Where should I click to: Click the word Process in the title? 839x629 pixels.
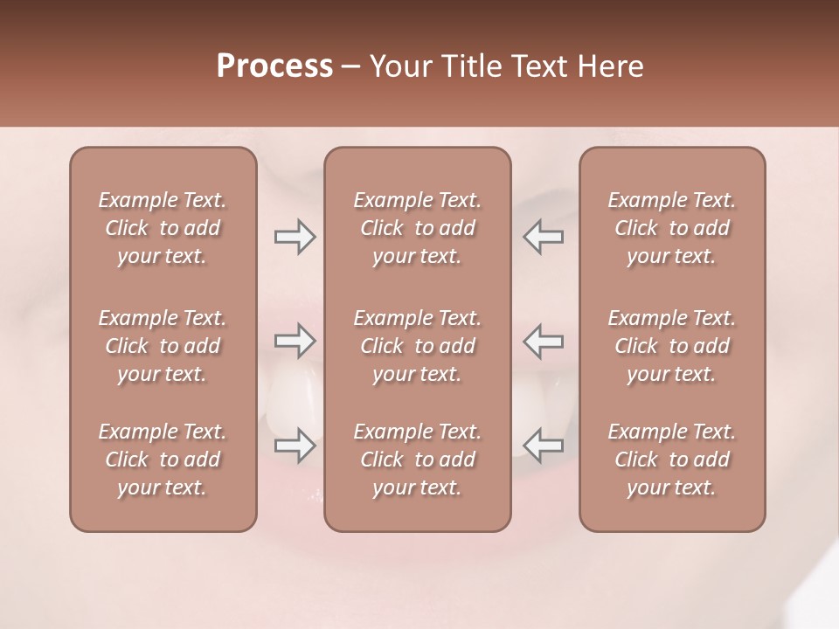[274, 66]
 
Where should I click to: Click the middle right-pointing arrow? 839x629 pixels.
[295, 341]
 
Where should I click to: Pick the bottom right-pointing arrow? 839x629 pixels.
[295, 446]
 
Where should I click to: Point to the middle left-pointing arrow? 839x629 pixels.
[543, 341]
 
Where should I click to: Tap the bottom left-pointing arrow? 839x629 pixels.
[543, 446]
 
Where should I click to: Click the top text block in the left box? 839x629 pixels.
[163, 228]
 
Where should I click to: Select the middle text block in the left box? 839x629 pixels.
[163, 346]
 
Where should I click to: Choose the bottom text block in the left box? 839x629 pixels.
[163, 460]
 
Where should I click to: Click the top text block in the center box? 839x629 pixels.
[418, 228]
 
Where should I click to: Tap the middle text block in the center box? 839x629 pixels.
[418, 346]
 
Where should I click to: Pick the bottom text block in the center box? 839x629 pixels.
[418, 460]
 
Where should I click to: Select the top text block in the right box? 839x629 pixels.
[672, 228]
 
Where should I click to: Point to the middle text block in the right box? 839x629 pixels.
[672, 346]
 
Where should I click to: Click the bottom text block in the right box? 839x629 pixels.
[672, 460]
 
